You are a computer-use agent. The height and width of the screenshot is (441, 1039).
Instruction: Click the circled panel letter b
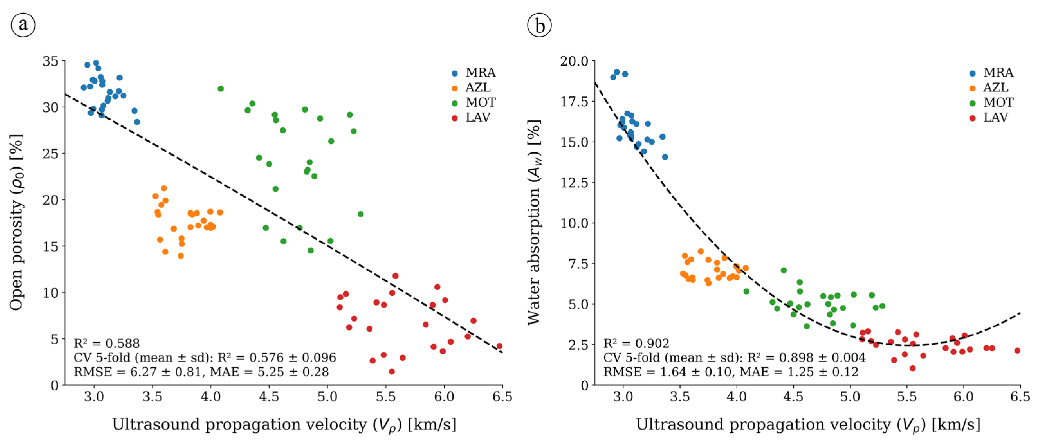click(x=539, y=25)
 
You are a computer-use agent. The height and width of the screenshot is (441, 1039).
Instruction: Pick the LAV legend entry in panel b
click(x=991, y=117)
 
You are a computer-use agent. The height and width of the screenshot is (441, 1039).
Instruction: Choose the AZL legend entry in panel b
click(x=991, y=87)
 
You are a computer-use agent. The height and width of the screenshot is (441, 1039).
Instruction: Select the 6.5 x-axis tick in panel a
click(x=502, y=397)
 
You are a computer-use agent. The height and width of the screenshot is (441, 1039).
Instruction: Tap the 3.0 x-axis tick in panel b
click(x=623, y=397)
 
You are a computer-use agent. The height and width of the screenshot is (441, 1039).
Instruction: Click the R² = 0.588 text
click(x=106, y=343)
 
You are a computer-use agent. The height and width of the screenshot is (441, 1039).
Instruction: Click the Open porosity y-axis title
click(x=16, y=222)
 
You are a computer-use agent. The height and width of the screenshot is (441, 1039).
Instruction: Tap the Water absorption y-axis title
click(x=534, y=222)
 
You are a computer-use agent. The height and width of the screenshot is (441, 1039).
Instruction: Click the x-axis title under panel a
click(x=284, y=425)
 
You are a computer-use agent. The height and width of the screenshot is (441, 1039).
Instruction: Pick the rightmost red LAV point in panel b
click(x=1017, y=351)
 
